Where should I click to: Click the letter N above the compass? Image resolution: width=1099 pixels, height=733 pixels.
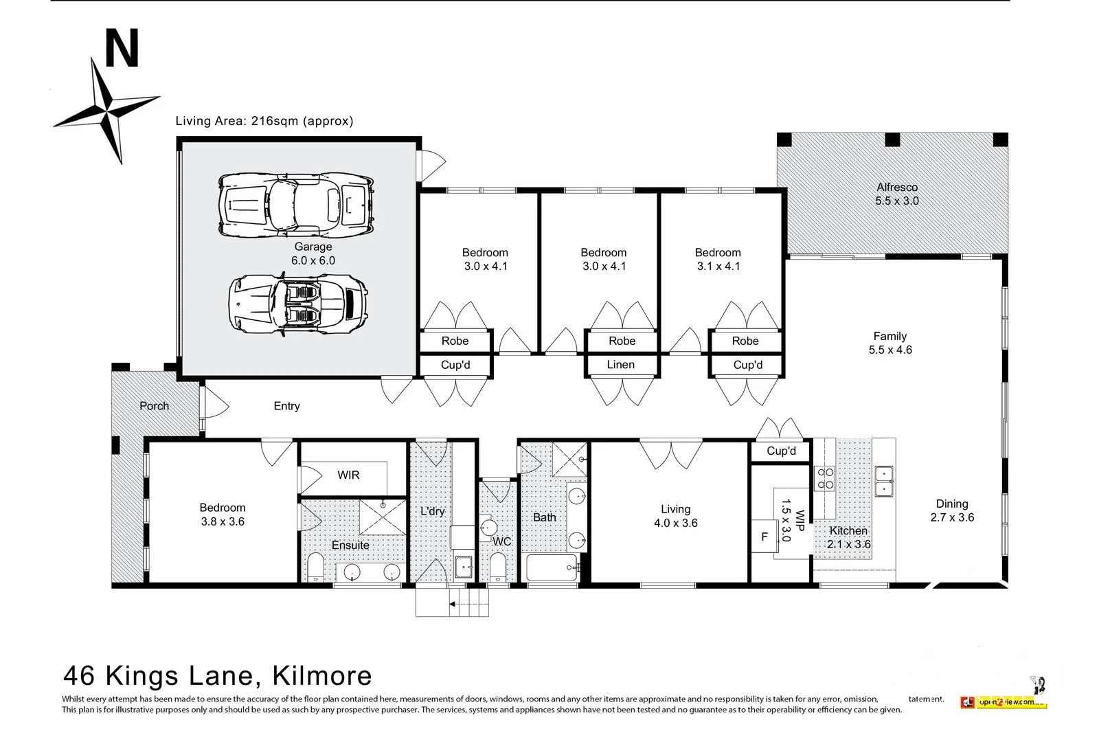pyautogui.click(x=122, y=49)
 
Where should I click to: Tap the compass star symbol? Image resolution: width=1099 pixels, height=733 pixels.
pyautogui.click(x=107, y=111)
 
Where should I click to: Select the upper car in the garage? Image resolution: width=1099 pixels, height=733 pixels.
pyautogui.click(x=296, y=203)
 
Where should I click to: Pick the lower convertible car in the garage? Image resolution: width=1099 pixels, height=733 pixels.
pyautogui.click(x=297, y=303)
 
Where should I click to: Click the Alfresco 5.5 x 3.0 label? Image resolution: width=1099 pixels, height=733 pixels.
pyautogui.click(x=896, y=194)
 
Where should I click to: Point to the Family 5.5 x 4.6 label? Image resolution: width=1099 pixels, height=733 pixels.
pyautogui.click(x=890, y=343)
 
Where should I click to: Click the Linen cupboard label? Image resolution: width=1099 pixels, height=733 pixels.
pyautogui.click(x=620, y=365)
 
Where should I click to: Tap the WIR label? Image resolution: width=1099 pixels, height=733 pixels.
pyautogui.click(x=348, y=475)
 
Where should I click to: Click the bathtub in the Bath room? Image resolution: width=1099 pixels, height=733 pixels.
pyautogui.click(x=552, y=568)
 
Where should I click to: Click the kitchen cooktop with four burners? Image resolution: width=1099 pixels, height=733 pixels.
pyautogui.click(x=824, y=478)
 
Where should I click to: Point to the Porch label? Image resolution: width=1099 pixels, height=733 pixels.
pyautogui.click(x=154, y=406)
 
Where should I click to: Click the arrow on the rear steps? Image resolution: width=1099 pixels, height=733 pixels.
pyautogui.click(x=453, y=605)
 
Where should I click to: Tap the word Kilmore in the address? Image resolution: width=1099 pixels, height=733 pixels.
pyautogui.click(x=322, y=675)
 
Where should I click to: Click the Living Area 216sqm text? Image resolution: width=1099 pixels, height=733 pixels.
pyautogui.click(x=264, y=121)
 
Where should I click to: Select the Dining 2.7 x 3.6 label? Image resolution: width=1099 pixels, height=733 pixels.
pyautogui.click(x=951, y=510)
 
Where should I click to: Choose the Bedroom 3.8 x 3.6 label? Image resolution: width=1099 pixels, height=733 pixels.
pyautogui.click(x=222, y=515)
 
